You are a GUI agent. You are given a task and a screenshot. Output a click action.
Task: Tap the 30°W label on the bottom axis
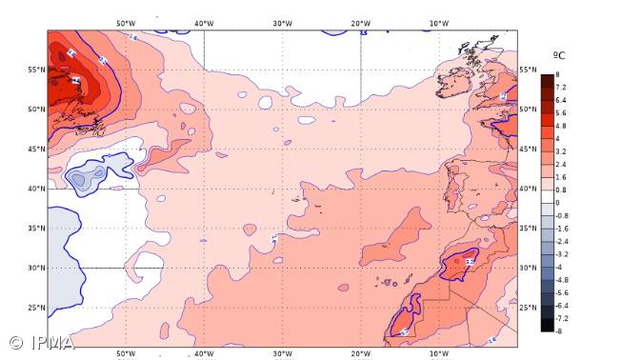pos(282,353)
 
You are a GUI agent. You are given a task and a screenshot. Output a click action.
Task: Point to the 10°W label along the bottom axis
pos(439,353)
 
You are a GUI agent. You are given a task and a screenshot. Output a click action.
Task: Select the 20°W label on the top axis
pos(361,22)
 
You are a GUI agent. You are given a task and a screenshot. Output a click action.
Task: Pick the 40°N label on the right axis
pos(529,189)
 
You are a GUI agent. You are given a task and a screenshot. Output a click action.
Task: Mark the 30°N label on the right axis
pos(529,268)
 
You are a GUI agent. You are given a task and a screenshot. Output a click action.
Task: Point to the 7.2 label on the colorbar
pos(562,86)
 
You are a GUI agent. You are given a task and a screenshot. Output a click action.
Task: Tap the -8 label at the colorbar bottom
pos(560,330)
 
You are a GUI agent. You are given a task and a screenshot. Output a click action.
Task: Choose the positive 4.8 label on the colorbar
pos(562,125)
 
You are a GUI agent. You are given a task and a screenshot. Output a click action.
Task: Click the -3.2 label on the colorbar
pos(562,253)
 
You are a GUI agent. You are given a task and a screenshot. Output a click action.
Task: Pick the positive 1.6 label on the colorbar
pos(562,176)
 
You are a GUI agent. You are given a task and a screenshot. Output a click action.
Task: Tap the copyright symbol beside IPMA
pos(16,343)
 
